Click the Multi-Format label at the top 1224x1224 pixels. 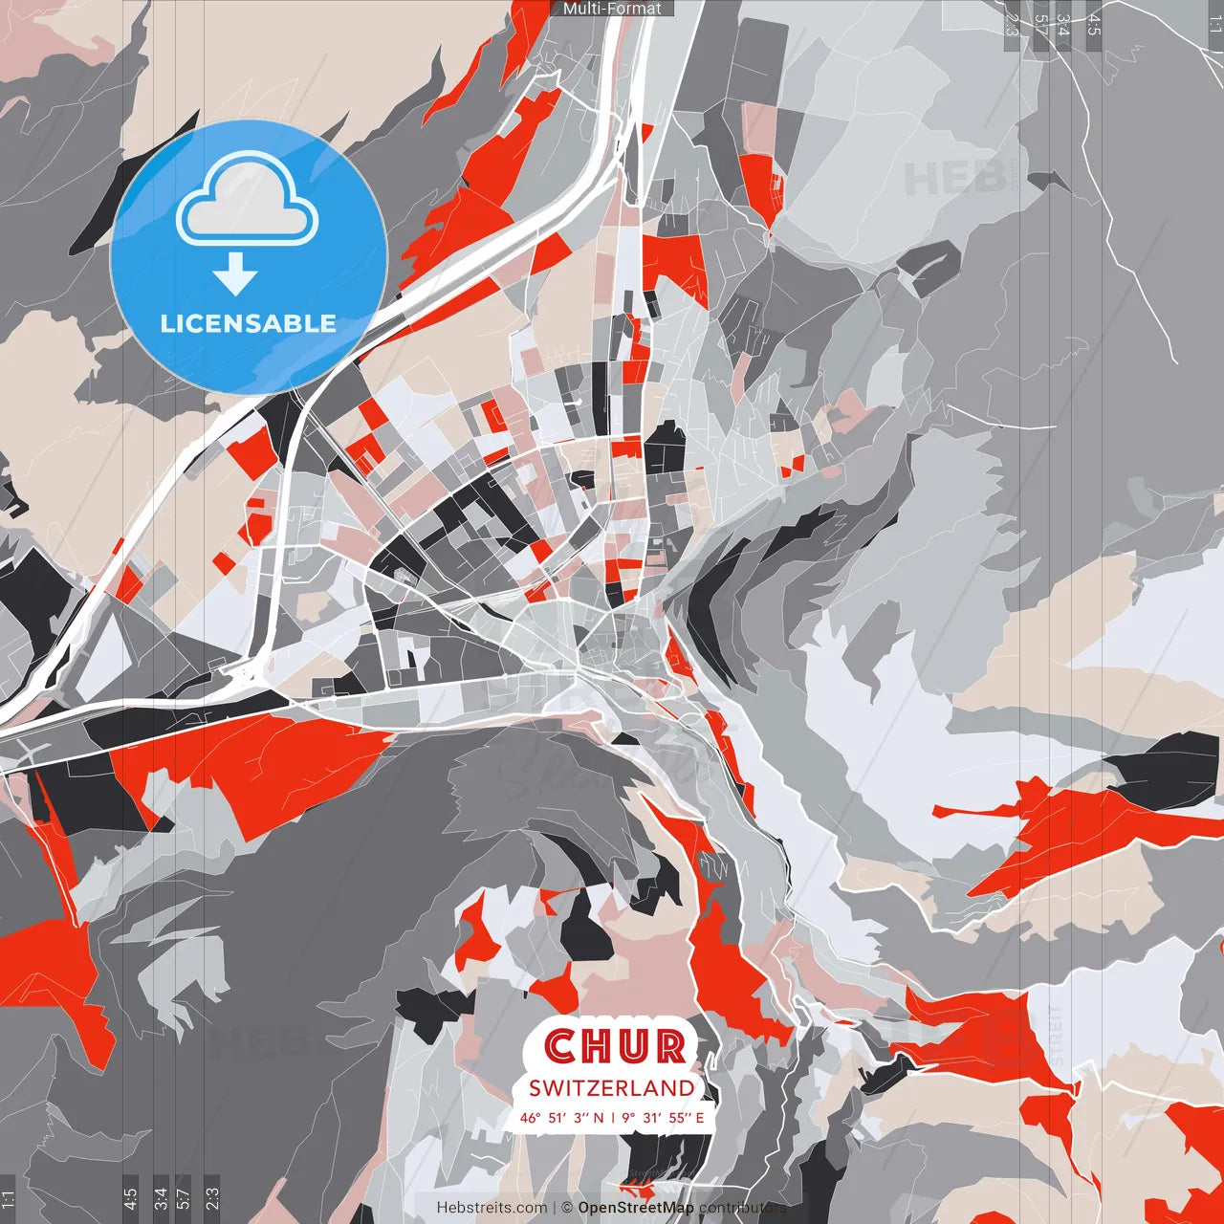[612, 9]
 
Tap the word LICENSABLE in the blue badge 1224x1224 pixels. [249, 323]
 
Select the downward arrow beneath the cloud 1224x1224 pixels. [235, 274]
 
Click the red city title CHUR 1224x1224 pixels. [617, 1047]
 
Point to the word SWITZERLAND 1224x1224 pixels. [612, 1088]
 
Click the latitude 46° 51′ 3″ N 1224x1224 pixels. [561, 1117]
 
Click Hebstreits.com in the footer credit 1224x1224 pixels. [492, 1208]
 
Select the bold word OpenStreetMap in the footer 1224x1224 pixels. [636, 1208]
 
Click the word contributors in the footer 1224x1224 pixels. [742, 1208]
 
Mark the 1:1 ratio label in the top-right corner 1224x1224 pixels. [1214, 23]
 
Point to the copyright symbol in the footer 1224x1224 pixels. [566, 1208]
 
